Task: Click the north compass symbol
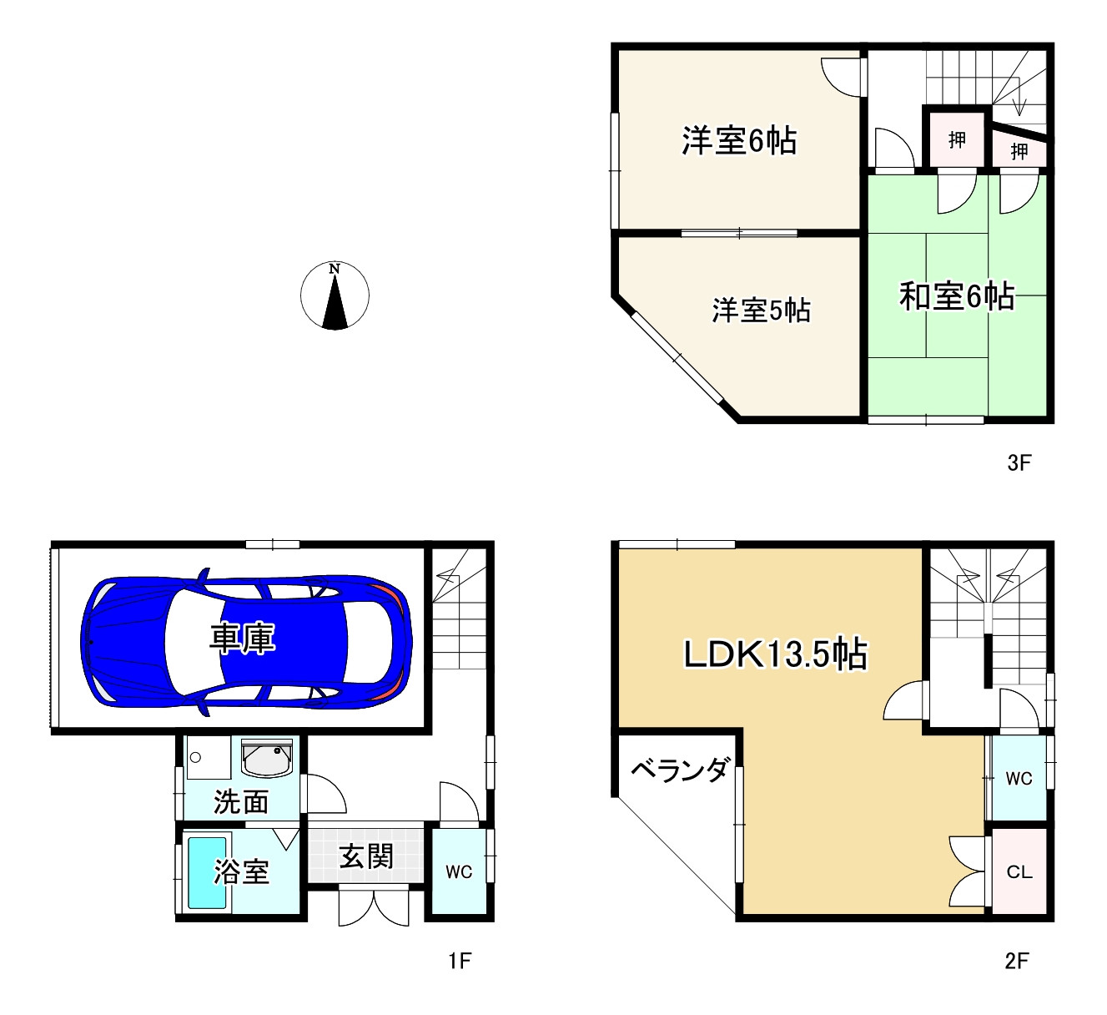click(335, 295)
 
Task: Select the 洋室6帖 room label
click(738, 140)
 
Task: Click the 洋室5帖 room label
click(761, 311)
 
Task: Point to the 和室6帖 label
click(956, 295)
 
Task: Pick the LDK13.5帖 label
click(775, 654)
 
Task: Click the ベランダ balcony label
click(680, 770)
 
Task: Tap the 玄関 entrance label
click(366, 856)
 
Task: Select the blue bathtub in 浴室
click(207, 872)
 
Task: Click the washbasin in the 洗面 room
click(267, 759)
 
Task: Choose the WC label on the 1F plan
click(459, 871)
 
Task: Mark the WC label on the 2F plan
click(1019, 778)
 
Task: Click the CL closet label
click(1019, 872)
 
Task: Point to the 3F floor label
click(1019, 462)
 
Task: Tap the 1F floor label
click(460, 961)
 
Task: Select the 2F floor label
click(1017, 961)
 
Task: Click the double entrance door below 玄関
click(374, 907)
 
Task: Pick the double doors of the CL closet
click(968, 871)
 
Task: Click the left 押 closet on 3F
click(957, 139)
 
